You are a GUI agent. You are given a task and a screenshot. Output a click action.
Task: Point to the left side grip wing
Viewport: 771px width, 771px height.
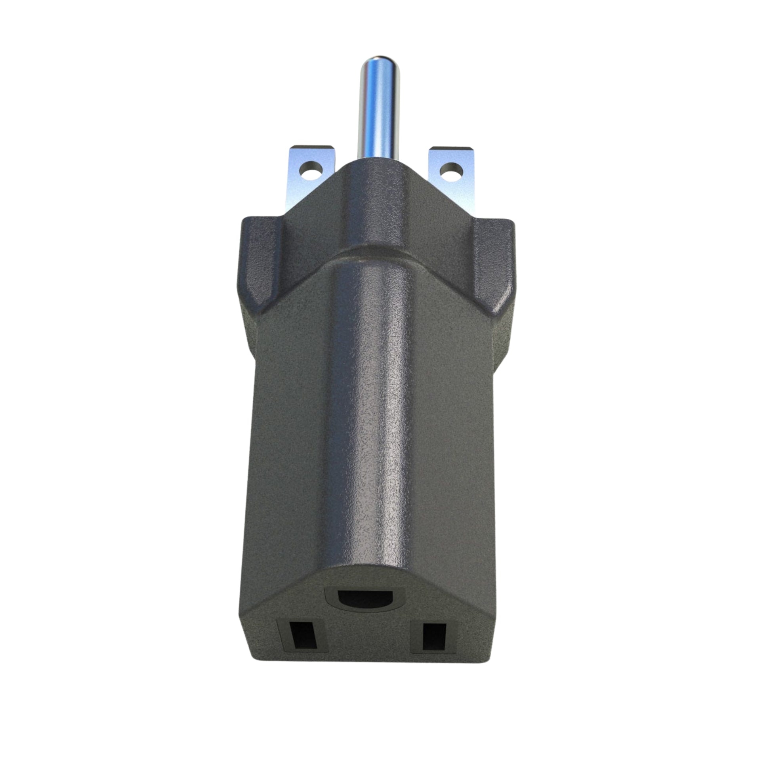click(x=261, y=263)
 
